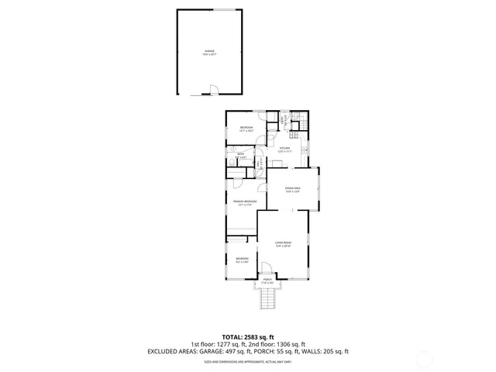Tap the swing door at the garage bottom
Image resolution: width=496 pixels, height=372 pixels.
[x=208, y=95]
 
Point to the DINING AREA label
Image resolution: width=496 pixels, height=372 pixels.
[x=292, y=189]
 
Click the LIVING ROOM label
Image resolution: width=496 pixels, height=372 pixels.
[x=283, y=244]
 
